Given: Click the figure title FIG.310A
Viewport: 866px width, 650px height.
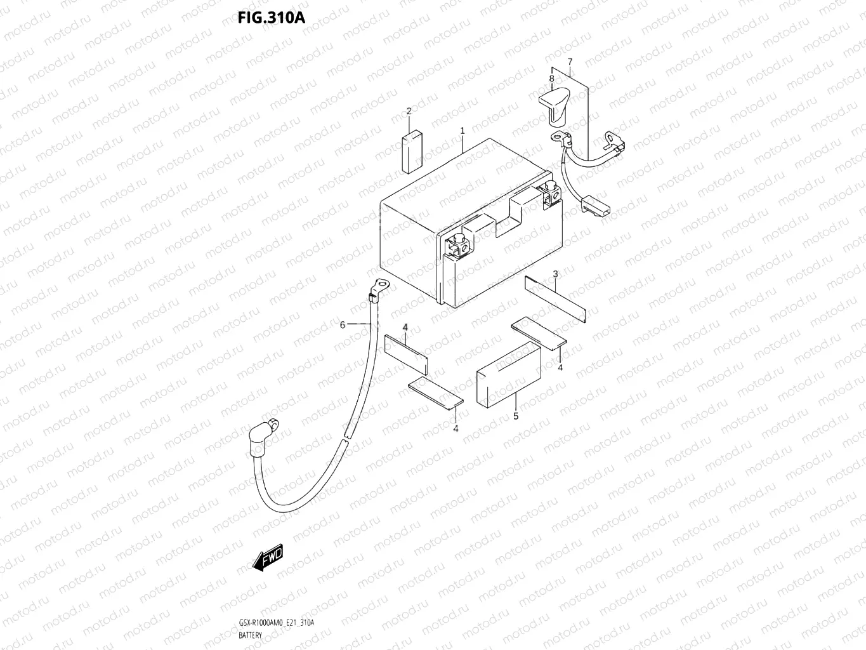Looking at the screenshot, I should (x=272, y=17).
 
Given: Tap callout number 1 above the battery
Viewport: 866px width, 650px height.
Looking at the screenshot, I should (x=463, y=130).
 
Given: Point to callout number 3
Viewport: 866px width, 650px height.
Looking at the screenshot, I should (x=555, y=274).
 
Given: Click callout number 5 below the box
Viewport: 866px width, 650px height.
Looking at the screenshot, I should (x=516, y=416).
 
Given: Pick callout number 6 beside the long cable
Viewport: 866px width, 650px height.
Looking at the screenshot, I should (x=343, y=325).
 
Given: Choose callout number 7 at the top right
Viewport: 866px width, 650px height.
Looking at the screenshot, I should (x=570, y=62).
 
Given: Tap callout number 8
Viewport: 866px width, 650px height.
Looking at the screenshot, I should (x=551, y=79).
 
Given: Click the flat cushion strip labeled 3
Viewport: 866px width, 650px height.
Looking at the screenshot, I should (x=555, y=299).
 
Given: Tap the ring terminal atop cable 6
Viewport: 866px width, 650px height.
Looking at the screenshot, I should (x=381, y=286).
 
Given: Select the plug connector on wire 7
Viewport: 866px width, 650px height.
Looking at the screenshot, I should (x=596, y=206).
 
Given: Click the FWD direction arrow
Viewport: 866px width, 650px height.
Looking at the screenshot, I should (x=267, y=558).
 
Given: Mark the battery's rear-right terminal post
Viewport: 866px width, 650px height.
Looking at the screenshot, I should (x=549, y=190).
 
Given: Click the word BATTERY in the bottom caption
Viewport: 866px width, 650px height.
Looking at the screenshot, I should (x=252, y=635).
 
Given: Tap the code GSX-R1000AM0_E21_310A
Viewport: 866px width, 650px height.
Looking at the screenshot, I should (x=276, y=623).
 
